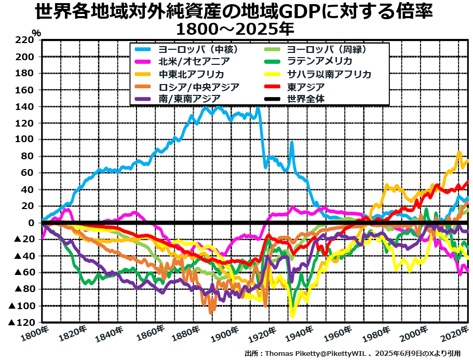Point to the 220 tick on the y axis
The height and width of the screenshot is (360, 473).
[25, 40]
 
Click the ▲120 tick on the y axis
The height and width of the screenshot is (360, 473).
[21, 322]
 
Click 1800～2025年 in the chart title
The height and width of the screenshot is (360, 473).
[235, 26]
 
